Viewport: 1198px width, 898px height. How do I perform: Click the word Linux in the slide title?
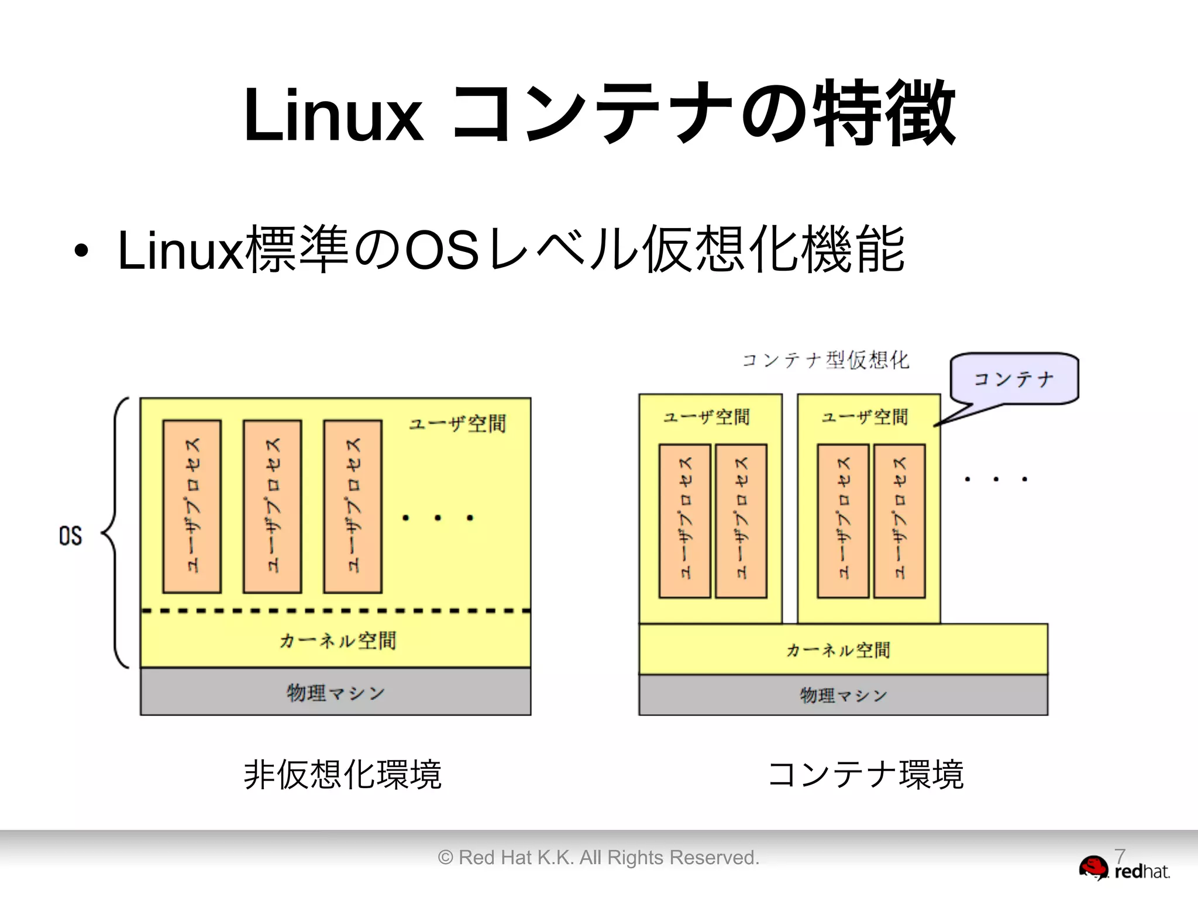pos(332,115)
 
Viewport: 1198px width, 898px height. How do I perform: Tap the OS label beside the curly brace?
pos(71,536)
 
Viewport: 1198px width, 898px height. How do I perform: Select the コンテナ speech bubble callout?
pos(1014,379)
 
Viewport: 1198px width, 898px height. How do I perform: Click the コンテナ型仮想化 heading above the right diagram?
pos(825,360)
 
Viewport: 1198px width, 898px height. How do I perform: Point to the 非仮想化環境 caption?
pos(342,775)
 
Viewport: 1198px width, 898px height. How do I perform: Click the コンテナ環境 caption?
pos(866,775)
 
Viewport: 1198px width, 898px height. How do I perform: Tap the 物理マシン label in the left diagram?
pos(336,693)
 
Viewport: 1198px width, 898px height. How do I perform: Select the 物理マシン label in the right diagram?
pos(843,695)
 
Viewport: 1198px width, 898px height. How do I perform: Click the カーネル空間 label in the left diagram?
pos(338,641)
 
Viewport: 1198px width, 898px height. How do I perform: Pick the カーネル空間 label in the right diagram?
pos(838,650)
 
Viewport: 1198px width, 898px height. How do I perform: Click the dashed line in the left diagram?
pos(336,611)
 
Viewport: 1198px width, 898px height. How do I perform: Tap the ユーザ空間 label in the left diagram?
pos(457,423)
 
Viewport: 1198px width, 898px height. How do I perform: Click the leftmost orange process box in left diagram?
pos(192,506)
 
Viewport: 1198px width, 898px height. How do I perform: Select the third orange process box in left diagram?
pos(353,506)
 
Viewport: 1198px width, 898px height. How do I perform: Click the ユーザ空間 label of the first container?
pos(706,417)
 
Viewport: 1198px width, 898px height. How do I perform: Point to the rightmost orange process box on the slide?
pos(899,521)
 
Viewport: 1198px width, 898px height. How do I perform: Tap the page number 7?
pos(1120,856)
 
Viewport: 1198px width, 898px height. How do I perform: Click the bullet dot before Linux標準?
pos(81,251)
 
